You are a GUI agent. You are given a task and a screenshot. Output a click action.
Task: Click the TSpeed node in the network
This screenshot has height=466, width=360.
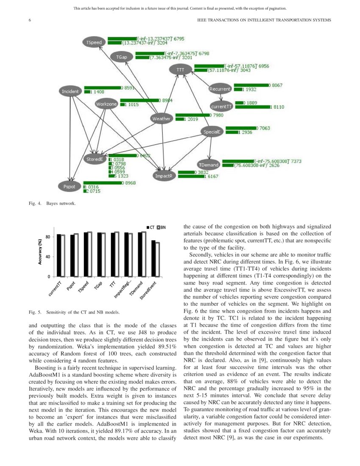click(94, 42)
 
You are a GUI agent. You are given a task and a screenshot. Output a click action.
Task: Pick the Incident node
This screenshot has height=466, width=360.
click(70, 91)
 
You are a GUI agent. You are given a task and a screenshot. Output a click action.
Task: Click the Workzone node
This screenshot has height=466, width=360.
click(106, 104)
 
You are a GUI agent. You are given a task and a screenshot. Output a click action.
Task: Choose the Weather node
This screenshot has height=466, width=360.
click(161, 119)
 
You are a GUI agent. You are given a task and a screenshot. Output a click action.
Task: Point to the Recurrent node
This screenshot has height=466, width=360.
click(220, 89)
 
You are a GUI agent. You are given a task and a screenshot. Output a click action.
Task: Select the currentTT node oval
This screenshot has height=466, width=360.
click(222, 107)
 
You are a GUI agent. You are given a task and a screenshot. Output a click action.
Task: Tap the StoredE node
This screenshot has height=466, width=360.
click(94, 159)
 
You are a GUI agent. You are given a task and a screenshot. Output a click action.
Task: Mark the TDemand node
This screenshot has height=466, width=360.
click(208, 164)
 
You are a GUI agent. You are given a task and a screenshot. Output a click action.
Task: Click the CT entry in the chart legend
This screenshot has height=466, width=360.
click(151, 227)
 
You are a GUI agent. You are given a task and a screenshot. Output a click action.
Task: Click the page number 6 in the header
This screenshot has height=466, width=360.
click(30, 20)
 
